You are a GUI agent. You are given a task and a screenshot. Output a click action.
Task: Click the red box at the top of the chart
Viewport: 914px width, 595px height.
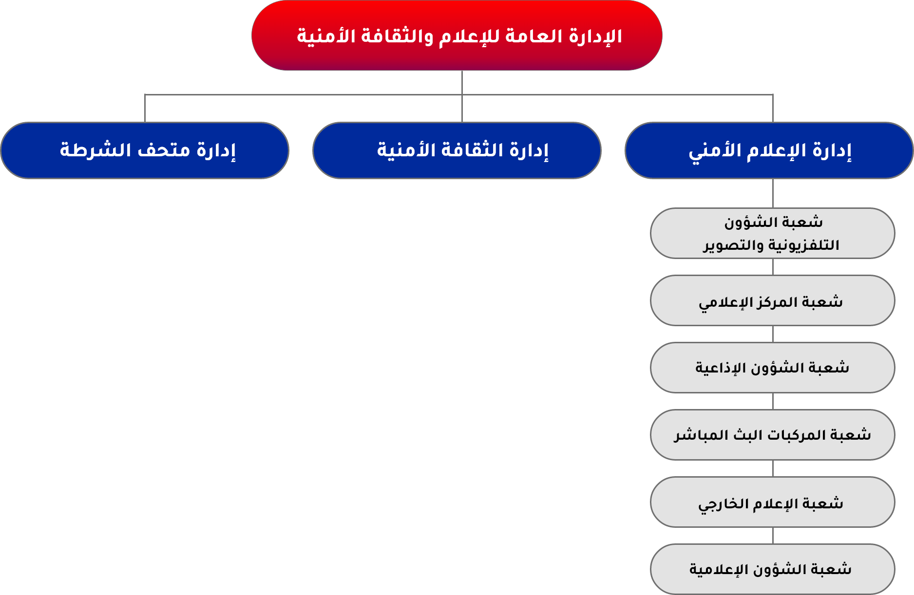pos(457,36)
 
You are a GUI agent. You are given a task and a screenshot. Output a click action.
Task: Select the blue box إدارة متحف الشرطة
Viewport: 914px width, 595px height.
pos(145,150)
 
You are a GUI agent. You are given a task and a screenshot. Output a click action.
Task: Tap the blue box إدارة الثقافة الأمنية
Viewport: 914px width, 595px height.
pos(457,150)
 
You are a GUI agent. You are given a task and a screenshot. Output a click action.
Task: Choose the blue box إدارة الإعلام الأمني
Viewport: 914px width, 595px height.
pos(769,150)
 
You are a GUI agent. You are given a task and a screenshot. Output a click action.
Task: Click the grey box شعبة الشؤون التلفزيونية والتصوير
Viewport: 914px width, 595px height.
pos(773,233)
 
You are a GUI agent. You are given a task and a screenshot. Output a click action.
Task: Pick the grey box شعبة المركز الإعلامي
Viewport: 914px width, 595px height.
pos(773,300)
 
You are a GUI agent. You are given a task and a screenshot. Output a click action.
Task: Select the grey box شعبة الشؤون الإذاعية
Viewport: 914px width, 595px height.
pos(773,368)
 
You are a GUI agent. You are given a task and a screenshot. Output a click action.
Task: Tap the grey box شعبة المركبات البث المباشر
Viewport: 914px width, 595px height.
pos(773,435)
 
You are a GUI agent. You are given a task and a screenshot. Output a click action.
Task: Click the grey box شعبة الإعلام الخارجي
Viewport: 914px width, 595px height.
pos(773,502)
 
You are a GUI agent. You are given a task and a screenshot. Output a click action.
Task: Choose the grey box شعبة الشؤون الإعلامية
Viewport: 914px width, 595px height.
pos(773,569)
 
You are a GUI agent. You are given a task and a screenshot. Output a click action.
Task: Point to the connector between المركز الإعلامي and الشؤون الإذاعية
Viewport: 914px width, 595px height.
pos(773,334)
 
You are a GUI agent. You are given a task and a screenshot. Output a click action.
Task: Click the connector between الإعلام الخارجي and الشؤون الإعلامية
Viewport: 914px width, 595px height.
pos(773,536)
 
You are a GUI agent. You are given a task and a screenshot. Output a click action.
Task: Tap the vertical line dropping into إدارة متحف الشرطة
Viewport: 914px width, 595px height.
pos(145,108)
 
